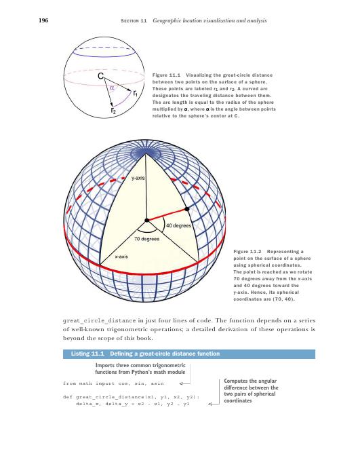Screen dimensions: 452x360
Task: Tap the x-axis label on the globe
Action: tap(122, 257)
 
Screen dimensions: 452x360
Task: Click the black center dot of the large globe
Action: tap(146, 221)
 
